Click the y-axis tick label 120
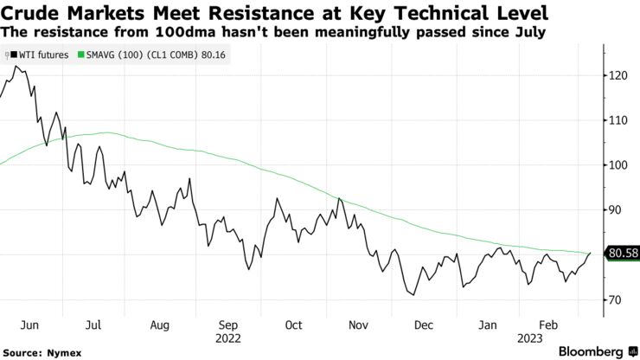pos(617,75)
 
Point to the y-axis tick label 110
pos(617,120)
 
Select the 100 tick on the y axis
pos(617,165)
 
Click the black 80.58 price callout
pos(622,254)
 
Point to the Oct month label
pos(293,325)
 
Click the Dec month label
pos(424,325)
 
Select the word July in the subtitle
pos(528,31)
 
